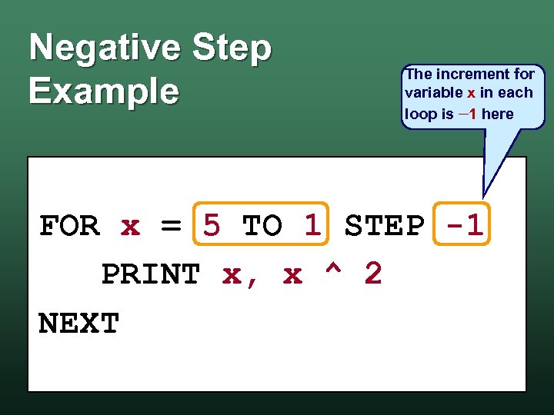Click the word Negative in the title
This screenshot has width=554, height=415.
coord(103,48)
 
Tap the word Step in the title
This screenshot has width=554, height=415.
coord(232,48)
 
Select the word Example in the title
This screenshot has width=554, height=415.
coord(104,91)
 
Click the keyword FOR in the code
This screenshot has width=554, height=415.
coord(69,227)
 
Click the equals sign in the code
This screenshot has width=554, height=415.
coord(171,227)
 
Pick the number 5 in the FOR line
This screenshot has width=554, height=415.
coord(212,226)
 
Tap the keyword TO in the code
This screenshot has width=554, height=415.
coord(262,226)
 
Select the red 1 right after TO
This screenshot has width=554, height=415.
coord(312,226)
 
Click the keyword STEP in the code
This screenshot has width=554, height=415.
coord(384,226)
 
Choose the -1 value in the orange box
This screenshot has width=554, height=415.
coord(464,226)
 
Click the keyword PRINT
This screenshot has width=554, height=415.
coord(151,274)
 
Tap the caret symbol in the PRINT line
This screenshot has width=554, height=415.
coord(333,273)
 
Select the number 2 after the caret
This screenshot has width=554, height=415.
coord(372,274)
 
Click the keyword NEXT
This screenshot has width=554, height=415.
coord(78,324)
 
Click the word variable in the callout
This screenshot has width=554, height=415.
coord(433,93)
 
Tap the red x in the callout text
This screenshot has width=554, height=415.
coord(471,94)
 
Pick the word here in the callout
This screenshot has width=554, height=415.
coord(497,114)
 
